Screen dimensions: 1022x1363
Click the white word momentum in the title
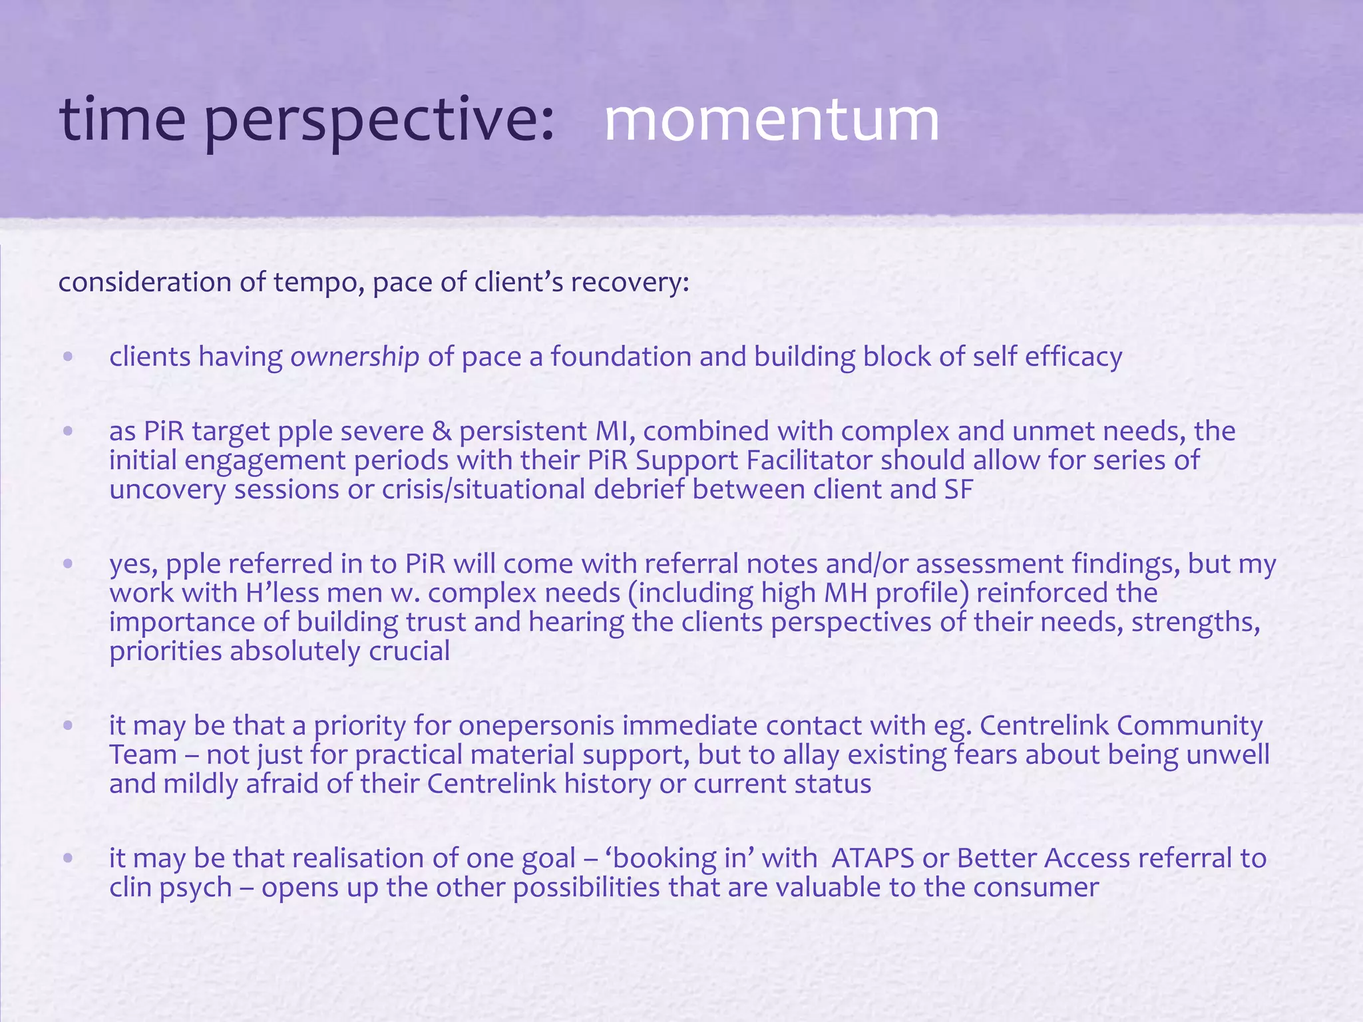tap(771, 120)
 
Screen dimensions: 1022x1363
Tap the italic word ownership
tap(355, 357)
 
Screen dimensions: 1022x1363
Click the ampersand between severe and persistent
tap(441, 431)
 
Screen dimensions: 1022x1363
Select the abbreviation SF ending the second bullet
tap(958, 490)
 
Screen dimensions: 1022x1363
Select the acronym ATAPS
tap(873, 858)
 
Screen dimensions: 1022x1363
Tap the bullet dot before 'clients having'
tap(68, 357)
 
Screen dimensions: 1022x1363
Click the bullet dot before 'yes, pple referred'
tap(68, 564)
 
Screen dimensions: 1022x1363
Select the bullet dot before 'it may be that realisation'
tap(68, 858)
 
